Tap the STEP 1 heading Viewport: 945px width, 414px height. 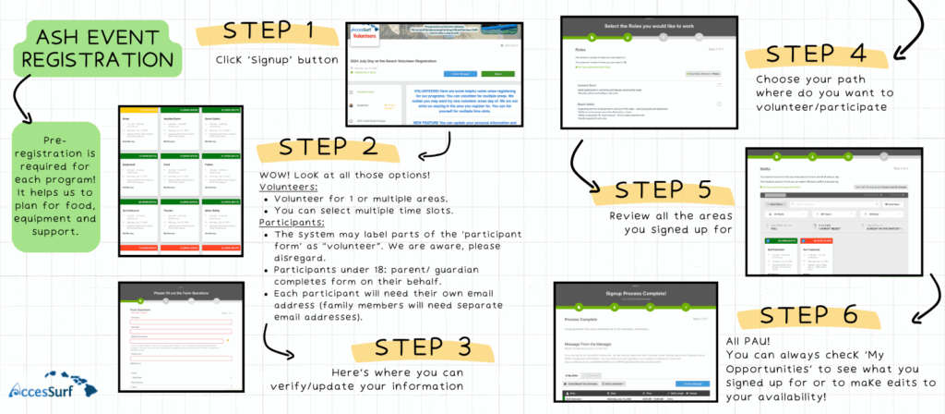tap(269, 35)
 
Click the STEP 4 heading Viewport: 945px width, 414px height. tap(819, 55)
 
